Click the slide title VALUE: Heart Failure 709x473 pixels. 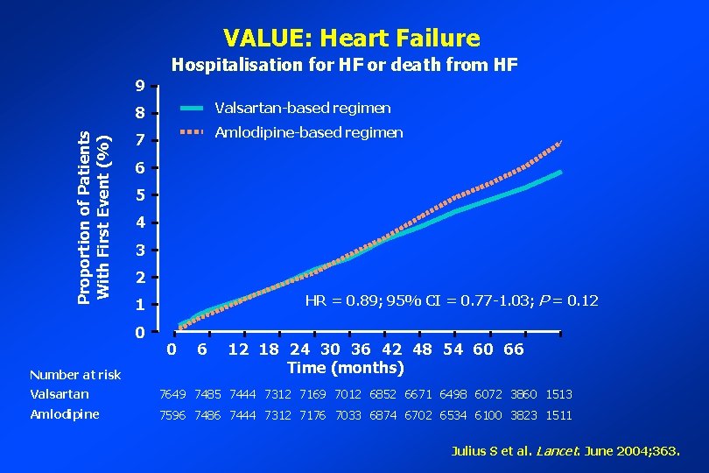pos(351,38)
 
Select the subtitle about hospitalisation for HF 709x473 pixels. pos(344,65)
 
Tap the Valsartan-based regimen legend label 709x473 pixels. pos(302,109)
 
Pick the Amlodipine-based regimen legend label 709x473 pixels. pos(308,133)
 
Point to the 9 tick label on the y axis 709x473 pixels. pos(140,86)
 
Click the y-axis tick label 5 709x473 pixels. pos(140,195)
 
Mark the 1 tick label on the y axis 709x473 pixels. pos(140,306)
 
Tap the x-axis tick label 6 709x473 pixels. pos(202,349)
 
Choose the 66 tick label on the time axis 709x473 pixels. pos(513,349)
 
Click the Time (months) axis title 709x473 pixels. pos(345,367)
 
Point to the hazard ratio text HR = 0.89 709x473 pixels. pos(451,300)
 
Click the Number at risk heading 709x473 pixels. pos(74,375)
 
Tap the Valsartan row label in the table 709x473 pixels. pos(59,394)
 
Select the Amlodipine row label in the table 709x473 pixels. pos(64,414)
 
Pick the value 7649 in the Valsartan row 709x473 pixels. pos(173,394)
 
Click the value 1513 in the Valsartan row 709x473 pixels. pos(558,394)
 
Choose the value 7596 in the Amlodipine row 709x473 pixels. pos(173,415)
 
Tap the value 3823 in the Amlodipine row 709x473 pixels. pos(523,415)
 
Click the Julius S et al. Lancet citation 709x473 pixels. pos(565,452)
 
